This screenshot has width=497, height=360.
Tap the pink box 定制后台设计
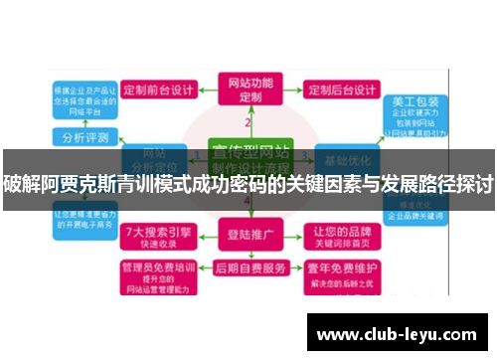(341, 90)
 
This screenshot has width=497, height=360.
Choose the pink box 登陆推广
(248, 237)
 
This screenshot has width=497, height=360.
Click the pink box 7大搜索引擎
(153, 236)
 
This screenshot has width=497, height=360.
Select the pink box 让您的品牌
(344, 236)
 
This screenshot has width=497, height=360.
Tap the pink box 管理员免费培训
(154, 273)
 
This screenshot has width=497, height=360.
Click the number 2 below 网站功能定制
(248, 123)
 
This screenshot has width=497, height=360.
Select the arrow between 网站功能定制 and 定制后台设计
(292, 90)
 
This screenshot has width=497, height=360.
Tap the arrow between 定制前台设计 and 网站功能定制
(208, 90)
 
